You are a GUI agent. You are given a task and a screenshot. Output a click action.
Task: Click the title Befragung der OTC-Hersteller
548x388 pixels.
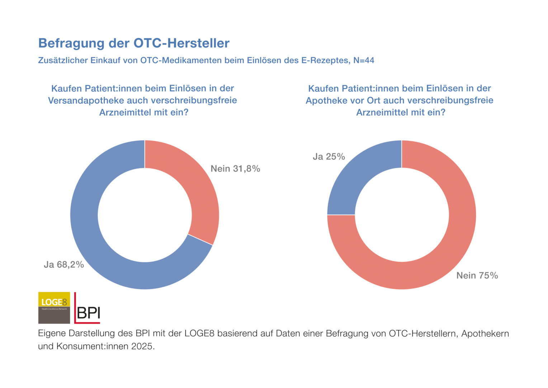(x=134, y=43)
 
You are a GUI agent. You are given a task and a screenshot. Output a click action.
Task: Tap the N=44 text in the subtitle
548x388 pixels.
(x=364, y=60)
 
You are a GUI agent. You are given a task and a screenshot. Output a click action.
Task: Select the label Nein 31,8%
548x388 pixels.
(x=235, y=168)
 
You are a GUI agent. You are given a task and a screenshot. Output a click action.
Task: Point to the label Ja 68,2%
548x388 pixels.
(x=64, y=265)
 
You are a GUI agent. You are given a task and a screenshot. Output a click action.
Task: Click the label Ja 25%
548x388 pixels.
(x=329, y=157)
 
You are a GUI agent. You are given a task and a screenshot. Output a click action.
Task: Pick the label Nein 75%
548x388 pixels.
(x=477, y=276)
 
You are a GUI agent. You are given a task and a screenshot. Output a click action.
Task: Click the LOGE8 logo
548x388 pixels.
(x=54, y=308)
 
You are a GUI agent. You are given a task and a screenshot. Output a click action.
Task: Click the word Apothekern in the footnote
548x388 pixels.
(x=485, y=334)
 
